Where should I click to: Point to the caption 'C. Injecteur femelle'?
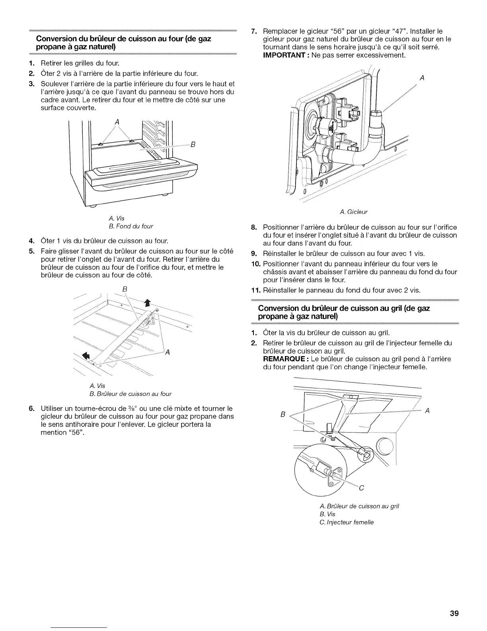[347, 522]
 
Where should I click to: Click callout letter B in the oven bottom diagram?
[193, 144]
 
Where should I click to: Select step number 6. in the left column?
[31, 409]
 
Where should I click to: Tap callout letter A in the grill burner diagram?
[427, 411]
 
